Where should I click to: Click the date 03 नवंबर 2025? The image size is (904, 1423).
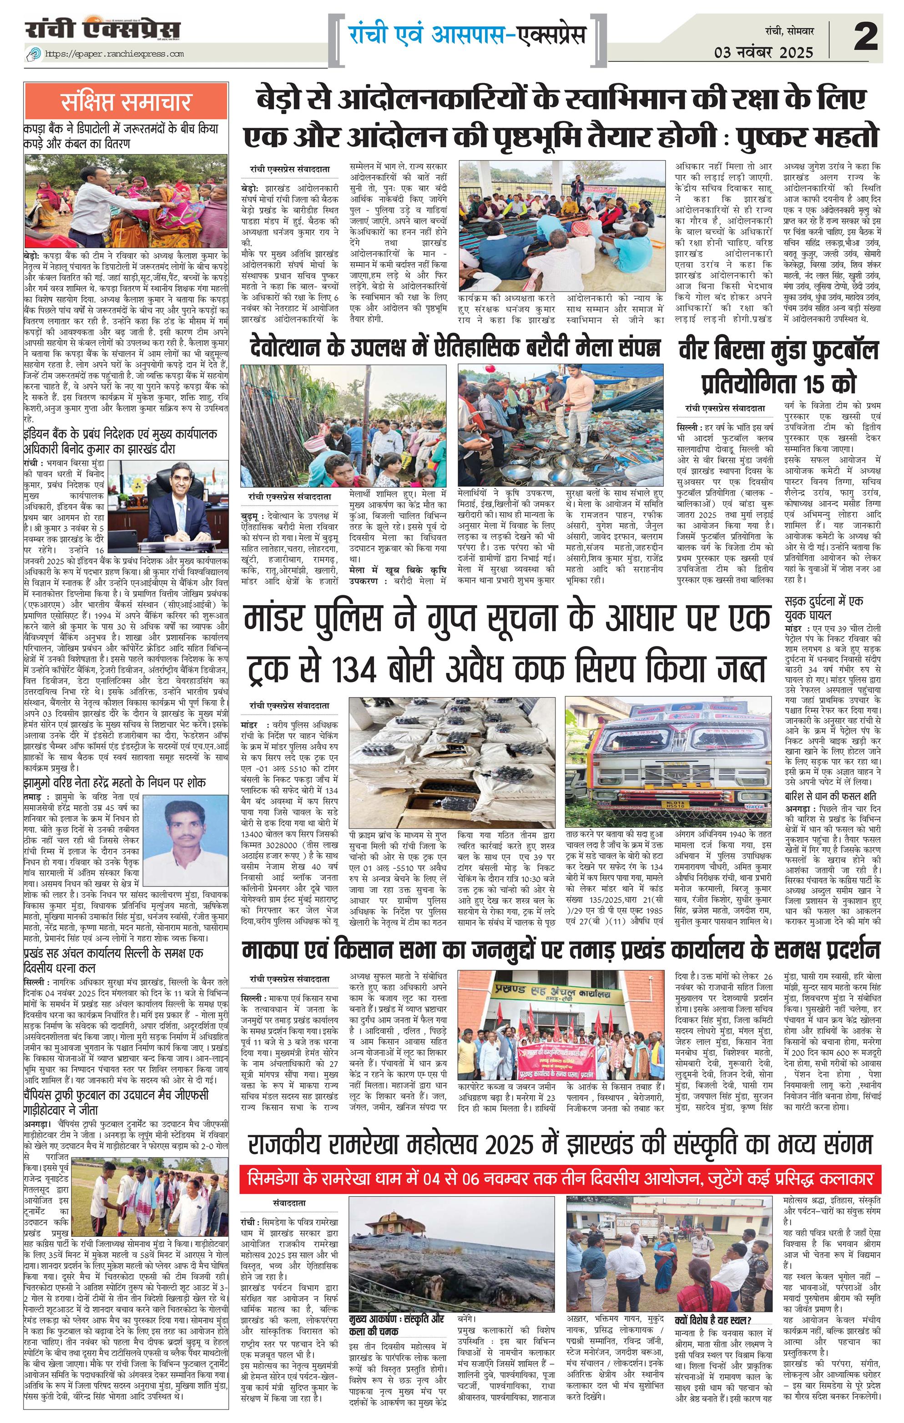click(764, 52)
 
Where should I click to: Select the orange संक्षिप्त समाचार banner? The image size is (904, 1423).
click(126, 101)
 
